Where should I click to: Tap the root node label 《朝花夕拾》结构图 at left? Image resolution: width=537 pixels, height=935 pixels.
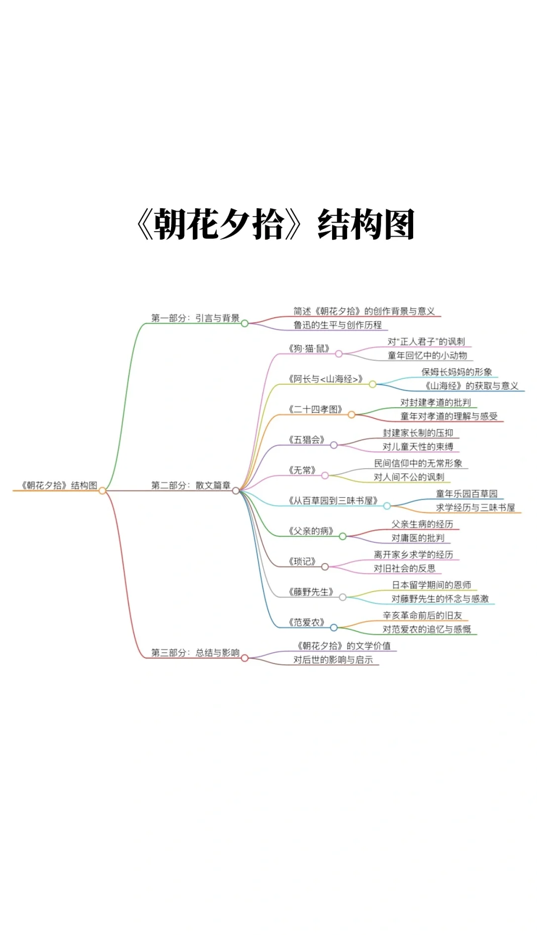click(x=59, y=485)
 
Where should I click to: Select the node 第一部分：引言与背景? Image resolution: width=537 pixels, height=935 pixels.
click(x=195, y=318)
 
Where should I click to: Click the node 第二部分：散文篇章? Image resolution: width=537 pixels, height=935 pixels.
click(x=190, y=485)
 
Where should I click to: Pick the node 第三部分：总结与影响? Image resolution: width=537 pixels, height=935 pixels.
click(x=195, y=653)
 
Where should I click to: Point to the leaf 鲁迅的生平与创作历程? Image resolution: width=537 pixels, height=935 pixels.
click(x=337, y=325)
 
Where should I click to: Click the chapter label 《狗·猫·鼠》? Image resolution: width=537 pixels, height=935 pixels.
click(x=309, y=348)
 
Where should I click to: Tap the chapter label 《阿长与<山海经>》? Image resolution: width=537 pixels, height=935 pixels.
click(x=325, y=379)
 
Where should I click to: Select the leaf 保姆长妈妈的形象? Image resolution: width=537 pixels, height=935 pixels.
click(x=456, y=372)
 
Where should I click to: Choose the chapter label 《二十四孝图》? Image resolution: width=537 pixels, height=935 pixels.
click(x=315, y=409)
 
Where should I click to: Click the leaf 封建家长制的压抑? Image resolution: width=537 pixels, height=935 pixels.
click(x=418, y=433)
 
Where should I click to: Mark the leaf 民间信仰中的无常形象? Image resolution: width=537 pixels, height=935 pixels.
click(x=418, y=463)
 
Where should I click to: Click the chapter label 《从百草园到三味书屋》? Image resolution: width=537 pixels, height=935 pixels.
click(x=333, y=501)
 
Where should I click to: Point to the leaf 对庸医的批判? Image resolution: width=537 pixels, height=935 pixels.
click(x=418, y=538)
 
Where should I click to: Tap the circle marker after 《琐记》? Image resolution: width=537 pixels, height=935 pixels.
click(x=325, y=567)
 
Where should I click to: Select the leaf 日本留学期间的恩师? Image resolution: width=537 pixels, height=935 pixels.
click(x=431, y=585)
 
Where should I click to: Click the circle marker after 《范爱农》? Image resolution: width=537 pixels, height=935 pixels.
click(x=334, y=627)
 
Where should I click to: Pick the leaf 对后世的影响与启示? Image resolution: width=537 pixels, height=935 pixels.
click(x=333, y=660)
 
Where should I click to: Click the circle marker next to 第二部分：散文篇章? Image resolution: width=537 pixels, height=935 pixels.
click(x=236, y=491)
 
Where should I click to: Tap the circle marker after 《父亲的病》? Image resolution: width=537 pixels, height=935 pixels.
click(x=343, y=536)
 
